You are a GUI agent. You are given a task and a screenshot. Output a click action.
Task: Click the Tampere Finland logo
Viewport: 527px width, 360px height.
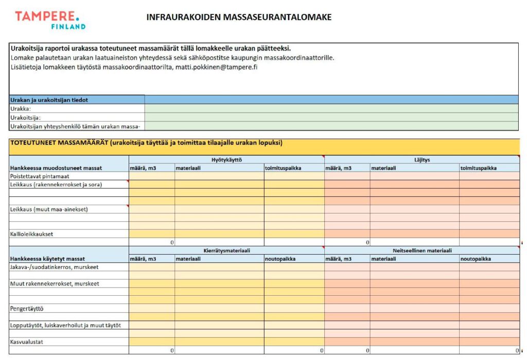[x=50, y=20]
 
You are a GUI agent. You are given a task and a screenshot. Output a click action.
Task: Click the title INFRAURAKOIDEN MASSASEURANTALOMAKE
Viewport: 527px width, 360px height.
[x=239, y=17]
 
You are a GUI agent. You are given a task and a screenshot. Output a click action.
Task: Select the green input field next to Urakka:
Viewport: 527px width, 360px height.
[x=331, y=109]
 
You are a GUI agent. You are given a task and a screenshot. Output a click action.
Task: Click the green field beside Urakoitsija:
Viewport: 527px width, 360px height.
[x=331, y=117]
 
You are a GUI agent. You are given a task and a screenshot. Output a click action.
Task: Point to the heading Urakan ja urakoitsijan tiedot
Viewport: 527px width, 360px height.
[x=49, y=100]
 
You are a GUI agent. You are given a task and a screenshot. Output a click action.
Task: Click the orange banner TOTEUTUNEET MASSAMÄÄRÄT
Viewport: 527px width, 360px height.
[x=146, y=143]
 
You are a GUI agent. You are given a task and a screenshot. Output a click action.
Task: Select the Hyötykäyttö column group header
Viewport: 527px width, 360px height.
[x=226, y=160]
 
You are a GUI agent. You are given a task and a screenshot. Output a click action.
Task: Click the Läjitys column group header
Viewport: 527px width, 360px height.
[x=421, y=160]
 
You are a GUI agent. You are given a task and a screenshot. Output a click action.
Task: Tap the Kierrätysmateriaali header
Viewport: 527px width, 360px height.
[x=226, y=250]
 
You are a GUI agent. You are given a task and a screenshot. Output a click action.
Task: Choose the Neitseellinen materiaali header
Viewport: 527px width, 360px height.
[x=421, y=250]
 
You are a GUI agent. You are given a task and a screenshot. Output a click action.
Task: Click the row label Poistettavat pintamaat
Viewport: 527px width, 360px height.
[x=40, y=176]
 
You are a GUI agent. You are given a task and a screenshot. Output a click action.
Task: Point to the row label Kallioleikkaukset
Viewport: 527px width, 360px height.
[x=32, y=234]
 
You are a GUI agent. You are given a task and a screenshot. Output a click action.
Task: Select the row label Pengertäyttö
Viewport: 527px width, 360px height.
[x=27, y=309]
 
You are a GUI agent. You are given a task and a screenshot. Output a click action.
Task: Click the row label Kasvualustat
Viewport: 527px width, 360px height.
[x=26, y=341]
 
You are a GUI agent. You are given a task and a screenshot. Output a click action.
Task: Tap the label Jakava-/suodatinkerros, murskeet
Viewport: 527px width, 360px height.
[x=54, y=267]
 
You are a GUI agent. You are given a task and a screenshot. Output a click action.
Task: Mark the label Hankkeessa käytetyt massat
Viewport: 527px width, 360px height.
[x=47, y=259]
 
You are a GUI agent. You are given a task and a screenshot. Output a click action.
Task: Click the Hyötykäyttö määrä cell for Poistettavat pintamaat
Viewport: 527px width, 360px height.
[x=152, y=176]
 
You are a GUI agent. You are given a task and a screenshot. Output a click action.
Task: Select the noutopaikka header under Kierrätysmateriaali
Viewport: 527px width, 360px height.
[x=280, y=259]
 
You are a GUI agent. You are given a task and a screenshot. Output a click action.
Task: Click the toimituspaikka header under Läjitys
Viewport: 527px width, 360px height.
[x=479, y=168]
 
